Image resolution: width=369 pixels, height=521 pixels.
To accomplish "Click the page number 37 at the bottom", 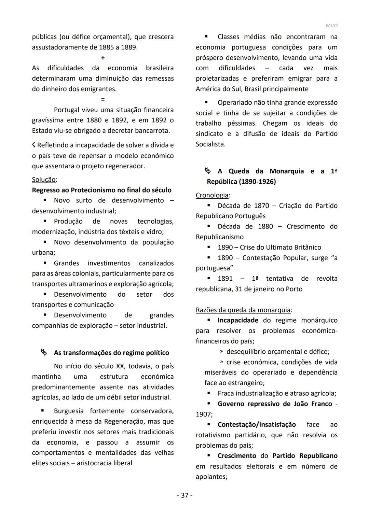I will (x=184, y=495).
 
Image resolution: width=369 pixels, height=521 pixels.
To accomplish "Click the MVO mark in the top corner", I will (x=331, y=26).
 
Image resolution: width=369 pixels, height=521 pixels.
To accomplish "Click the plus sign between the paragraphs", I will (x=103, y=58).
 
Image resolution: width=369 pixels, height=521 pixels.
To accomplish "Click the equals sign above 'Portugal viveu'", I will (x=103, y=99).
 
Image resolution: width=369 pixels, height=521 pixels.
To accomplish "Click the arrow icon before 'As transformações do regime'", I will (x=44, y=352).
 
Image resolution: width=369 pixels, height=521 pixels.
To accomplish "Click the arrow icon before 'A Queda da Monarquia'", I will (x=208, y=171).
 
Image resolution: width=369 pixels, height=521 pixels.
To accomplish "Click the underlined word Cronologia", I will (x=212, y=195).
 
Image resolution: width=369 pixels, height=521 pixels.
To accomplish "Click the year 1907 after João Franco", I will (x=204, y=414).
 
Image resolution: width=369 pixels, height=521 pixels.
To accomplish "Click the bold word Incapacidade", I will (x=238, y=320).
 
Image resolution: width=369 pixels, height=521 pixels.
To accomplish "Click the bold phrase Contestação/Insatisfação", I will (x=257, y=424).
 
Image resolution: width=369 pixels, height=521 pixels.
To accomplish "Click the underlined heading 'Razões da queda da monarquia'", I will (x=243, y=310).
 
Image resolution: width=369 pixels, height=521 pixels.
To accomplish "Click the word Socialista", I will (x=210, y=144).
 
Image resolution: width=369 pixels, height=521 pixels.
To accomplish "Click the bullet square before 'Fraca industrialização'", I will (x=208, y=393).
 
